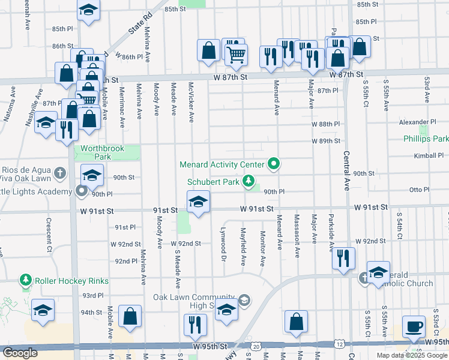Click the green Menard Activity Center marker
point(274,163)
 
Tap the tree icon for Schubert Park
point(248,181)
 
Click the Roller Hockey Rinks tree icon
point(26,280)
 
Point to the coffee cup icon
point(414,326)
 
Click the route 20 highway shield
point(256,346)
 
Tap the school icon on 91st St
point(197,203)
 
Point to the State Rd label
point(137,27)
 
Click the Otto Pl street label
point(418,189)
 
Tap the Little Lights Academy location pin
point(82,191)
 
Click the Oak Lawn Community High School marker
point(244,300)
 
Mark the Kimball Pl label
point(429,155)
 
